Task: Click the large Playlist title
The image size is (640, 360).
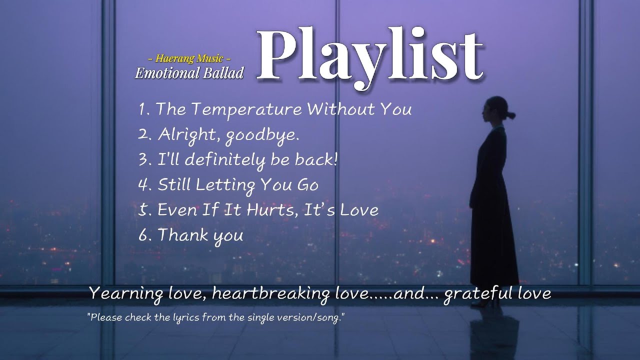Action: point(370,56)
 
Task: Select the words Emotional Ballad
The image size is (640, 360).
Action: point(189,73)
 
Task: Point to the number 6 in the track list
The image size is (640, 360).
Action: point(143,235)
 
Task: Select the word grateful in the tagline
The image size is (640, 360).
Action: point(471,293)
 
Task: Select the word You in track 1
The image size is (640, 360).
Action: point(396,109)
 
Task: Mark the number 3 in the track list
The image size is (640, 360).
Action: point(142,160)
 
